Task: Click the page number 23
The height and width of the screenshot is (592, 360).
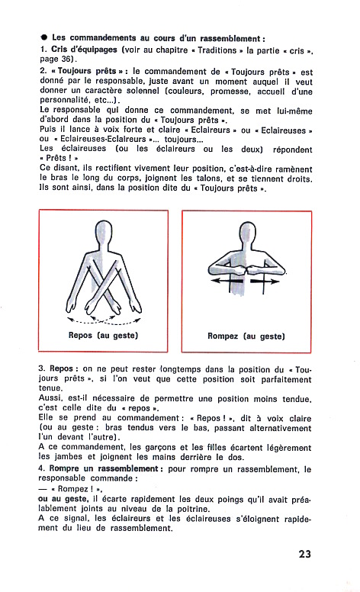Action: (304, 554)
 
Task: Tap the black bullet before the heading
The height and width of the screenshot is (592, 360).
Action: (44, 37)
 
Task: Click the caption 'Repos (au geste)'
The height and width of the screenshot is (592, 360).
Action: (104, 335)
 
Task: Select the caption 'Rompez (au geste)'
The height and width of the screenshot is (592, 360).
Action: (246, 336)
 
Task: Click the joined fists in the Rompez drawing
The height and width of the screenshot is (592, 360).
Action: (246, 270)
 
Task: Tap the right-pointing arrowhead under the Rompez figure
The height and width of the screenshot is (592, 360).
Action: (275, 282)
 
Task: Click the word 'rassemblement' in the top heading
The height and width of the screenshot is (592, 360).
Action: (230, 38)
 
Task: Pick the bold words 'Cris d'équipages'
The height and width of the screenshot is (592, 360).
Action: (84, 50)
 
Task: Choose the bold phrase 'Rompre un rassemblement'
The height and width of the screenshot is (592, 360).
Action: (104, 468)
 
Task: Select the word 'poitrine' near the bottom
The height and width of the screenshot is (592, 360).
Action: (194, 509)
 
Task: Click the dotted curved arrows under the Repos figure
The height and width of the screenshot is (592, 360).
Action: (104, 322)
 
